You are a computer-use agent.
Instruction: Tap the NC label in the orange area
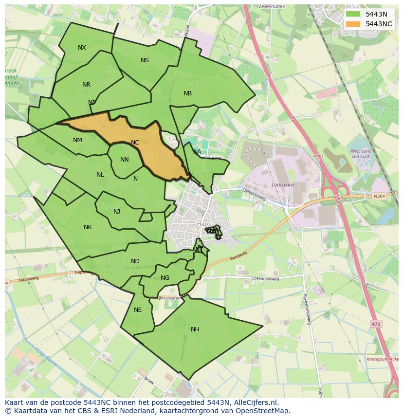click(x=135, y=143)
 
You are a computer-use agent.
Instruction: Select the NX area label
click(x=82, y=48)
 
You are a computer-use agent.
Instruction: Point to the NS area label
click(x=145, y=60)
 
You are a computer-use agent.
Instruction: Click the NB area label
click(x=187, y=93)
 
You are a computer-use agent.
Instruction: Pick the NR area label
click(x=86, y=85)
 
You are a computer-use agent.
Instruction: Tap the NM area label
click(x=77, y=140)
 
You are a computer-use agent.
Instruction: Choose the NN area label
click(x=124, y=160)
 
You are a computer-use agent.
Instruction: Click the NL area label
click(x=100, y=175)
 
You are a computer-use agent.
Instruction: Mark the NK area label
click(x=88, y=227)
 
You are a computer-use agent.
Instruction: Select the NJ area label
click(x=117, y=212)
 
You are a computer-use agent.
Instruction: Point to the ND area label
click(x=135, y=261)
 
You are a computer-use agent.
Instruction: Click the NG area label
click(x=165, y=278)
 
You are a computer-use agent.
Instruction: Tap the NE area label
click(x=138, y=310)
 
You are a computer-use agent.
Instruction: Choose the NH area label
click(x=195, y=329)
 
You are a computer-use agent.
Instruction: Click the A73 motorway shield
click(x=375, y=323)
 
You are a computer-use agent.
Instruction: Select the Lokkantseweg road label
click(x=266, y=279)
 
